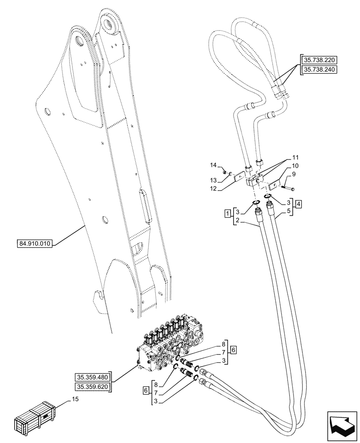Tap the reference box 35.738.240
point(319,70)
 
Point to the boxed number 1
point(227,214)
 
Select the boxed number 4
point(300,204)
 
